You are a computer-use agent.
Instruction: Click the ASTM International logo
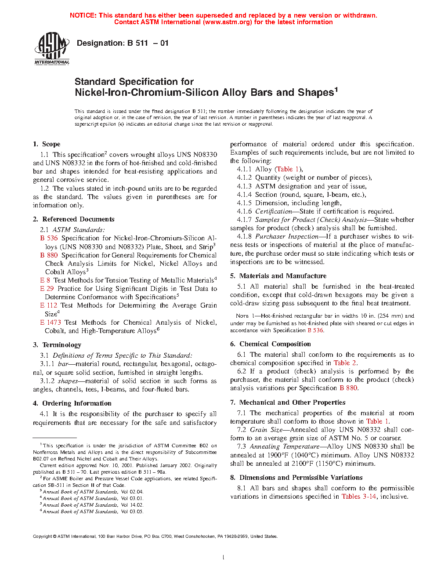point(52,49)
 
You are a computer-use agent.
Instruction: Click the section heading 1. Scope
point(47,144)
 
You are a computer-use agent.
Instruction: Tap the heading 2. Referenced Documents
point(73,219)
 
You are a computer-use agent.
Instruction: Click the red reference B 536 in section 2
point(49,238)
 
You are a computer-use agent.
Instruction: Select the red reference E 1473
point(51,323)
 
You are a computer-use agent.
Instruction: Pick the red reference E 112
point(49,305)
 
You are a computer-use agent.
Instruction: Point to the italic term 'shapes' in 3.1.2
point(68,381)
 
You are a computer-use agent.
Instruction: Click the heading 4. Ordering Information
point(72,403)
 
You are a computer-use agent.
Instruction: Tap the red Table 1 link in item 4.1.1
point(288,169)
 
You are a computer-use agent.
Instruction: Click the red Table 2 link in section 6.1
point(345,363)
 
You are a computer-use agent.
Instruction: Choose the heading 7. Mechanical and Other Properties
point(288,402)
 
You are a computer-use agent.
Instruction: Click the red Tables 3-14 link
point(359,497)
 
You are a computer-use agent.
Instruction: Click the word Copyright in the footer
point(43,536)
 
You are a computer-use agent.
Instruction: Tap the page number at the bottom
point(224,558)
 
